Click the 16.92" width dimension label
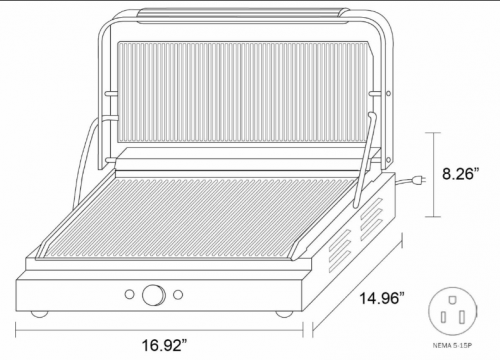[165, 345]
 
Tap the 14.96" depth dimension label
[382, 298]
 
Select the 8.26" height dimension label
[461, 174]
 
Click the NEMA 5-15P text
[452, 346]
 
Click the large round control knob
[154, 295]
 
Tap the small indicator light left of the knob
[129, 294]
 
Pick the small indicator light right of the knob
[178, 294]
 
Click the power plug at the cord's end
[419, 180]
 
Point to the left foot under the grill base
[39, 314]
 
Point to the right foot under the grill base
[284, 314]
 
